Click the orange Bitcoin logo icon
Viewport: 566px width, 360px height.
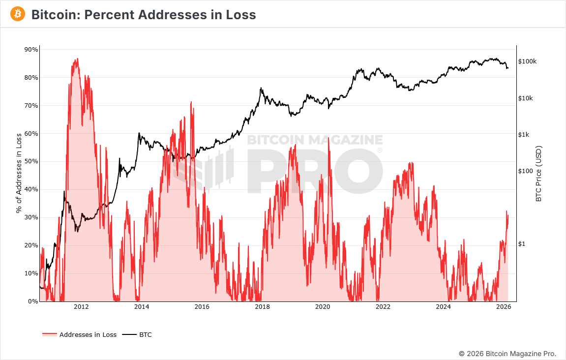click(x=18, y=14)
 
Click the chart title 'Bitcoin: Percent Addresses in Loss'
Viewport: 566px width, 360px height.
click(x=144, y=15)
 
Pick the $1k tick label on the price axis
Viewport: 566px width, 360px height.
click(x=525, y=135)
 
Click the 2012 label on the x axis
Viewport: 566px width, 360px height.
click(x=81, y=307)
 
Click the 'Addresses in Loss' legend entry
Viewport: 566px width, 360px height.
click(x=88, y=335)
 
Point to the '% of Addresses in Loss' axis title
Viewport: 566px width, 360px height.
click(x=19, y=173)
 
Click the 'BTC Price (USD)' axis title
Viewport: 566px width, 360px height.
click(x=538, y=173)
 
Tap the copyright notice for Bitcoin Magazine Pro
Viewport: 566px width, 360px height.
click(x=507, y=354)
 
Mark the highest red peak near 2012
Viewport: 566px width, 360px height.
click(x=77, y=59)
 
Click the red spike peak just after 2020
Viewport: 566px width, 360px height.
click(x=328, y=138)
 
